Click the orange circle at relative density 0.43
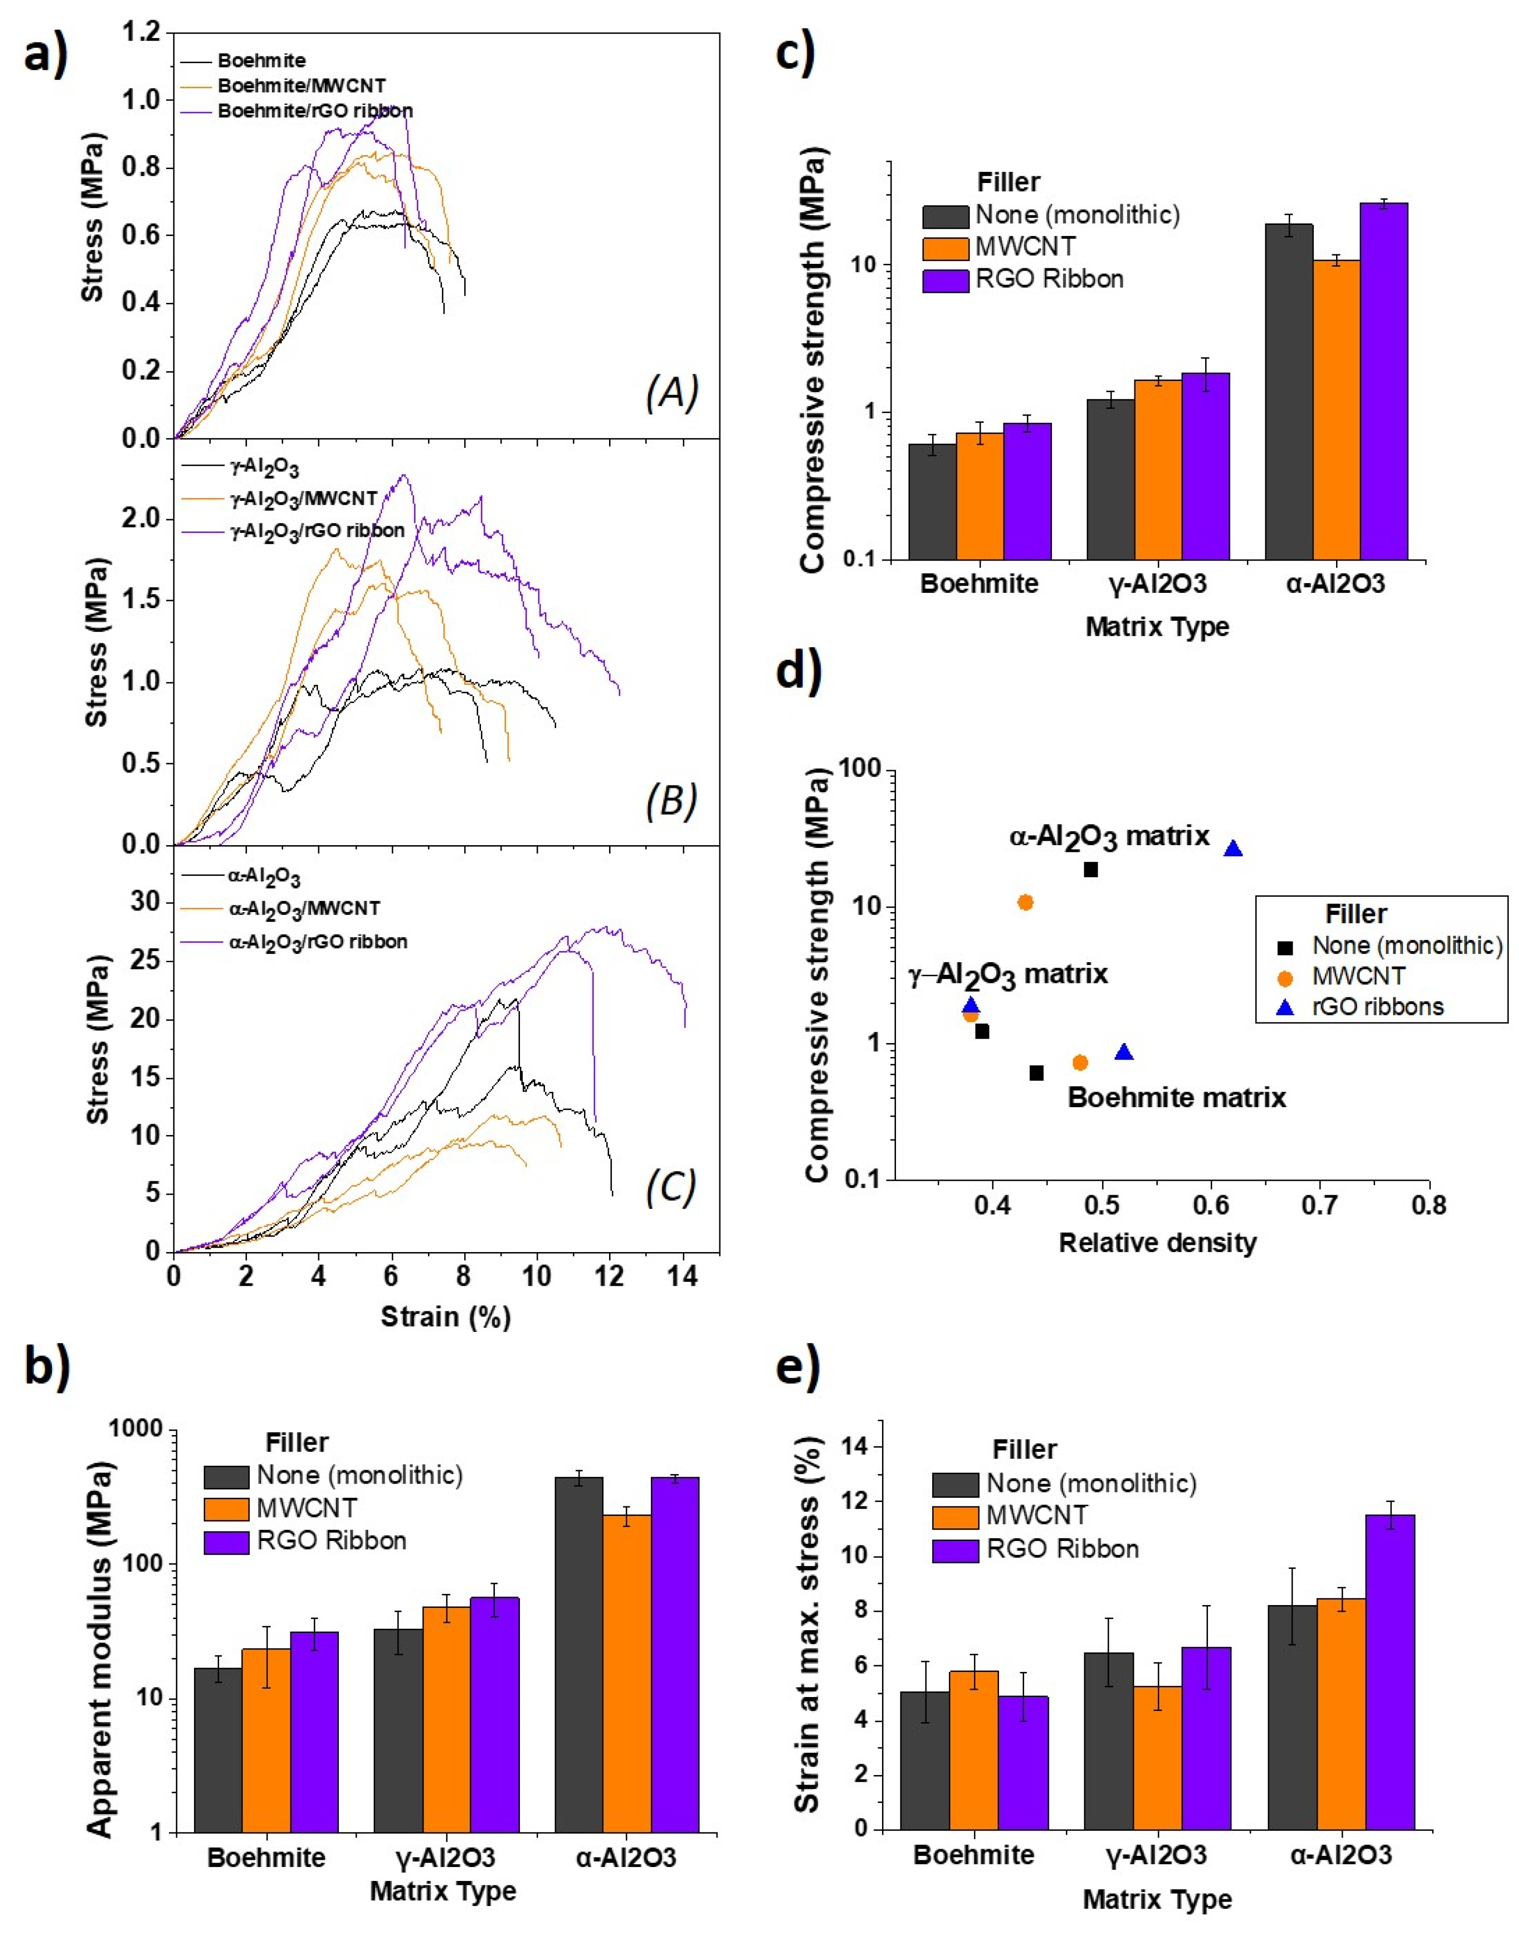[x=1025, y=902]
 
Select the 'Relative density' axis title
[x=1157, y=1243]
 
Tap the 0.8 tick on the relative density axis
[x=1428, y=1206]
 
